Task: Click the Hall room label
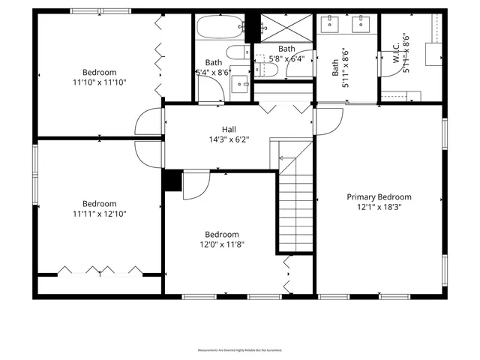coord(229,128)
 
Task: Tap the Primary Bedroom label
coord(379,197)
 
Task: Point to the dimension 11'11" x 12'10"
coord(99,214)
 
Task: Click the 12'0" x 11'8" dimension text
coord(222,244)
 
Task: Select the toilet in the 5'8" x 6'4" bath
coord(268,70)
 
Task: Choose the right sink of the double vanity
coord(361,25)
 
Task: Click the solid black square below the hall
coord(172,181)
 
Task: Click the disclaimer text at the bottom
coord(239,349)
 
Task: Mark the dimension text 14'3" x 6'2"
coord(229,139)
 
